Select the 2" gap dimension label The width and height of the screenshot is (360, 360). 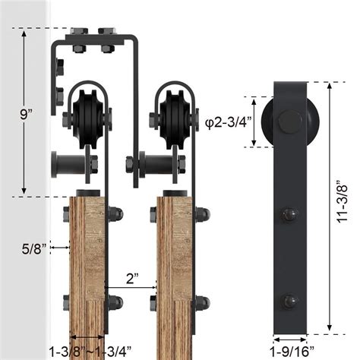point(132,278)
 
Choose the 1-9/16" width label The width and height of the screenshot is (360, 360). point(290,350)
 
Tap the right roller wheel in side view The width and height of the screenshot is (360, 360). point(174,119)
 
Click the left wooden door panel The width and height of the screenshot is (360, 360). point(88,273)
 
